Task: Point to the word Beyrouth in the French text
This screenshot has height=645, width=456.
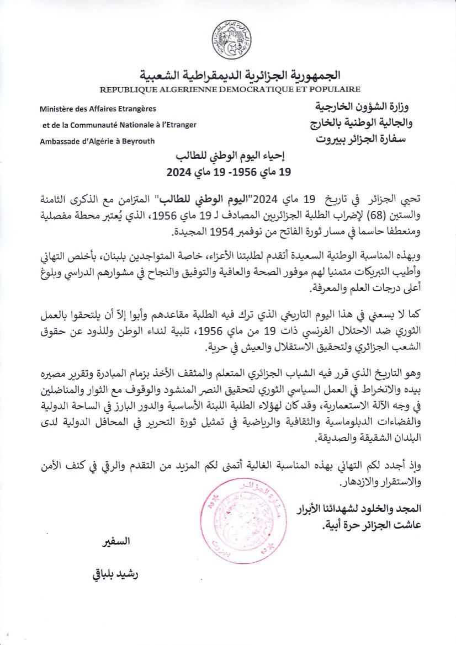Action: click(x=138, y=141)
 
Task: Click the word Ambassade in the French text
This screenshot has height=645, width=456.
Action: click(x=60, y=141)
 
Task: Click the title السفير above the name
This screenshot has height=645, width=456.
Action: click(x=116, y=542)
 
